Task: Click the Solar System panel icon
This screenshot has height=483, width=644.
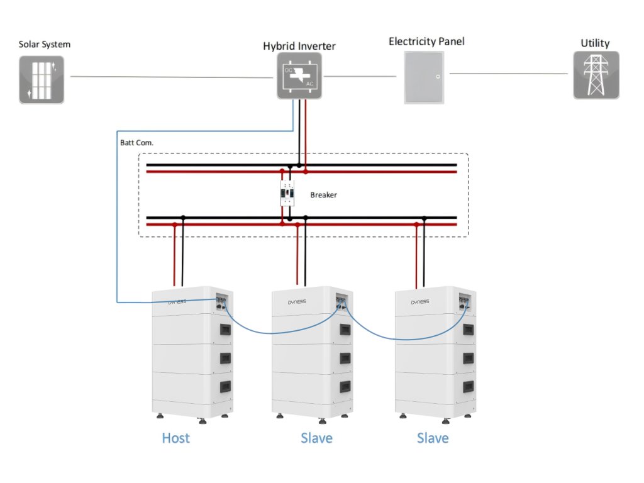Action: pos(41,79)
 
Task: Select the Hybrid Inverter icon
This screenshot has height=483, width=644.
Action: pos(299,75)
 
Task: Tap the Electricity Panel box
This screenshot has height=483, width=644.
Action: pos(423,77)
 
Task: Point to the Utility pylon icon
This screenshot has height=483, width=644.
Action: pos(596,75)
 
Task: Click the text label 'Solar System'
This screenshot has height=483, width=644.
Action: pos(44,45)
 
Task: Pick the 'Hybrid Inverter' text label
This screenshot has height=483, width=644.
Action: pos(299,46)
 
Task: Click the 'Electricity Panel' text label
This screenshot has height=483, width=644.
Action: pos(426,42)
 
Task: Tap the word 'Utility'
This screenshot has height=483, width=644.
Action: pos(595,43)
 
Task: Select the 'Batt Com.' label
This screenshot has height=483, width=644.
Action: pos(136,143)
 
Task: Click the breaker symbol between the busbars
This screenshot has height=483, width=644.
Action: pos(289,194)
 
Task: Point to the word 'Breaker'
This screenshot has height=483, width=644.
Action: pos(323,195)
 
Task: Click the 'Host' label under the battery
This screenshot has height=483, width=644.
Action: pos(175,438)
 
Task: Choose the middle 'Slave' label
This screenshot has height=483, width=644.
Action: pos(316,438)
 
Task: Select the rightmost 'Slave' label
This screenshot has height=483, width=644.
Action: pos(433,438)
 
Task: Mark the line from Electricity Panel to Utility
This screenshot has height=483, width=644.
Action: pos(508,74)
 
